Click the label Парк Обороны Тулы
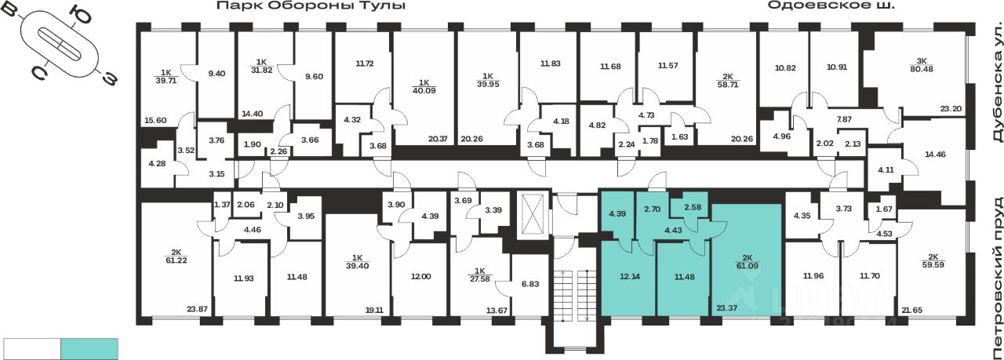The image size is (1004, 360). [311, 6]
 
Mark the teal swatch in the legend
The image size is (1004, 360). [89, 348]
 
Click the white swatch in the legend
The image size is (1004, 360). [32, 348]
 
